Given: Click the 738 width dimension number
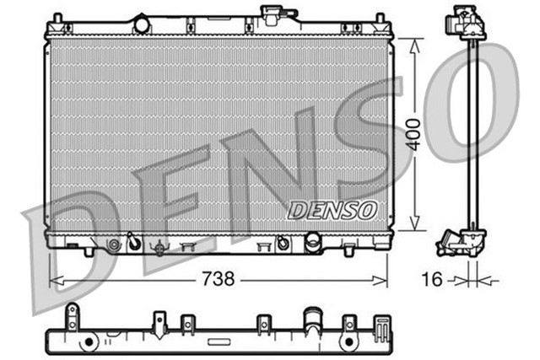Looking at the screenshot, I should pos(219,279).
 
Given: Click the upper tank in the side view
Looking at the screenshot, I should pos(466,20).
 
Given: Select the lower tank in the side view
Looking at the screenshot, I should pos(460,242).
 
